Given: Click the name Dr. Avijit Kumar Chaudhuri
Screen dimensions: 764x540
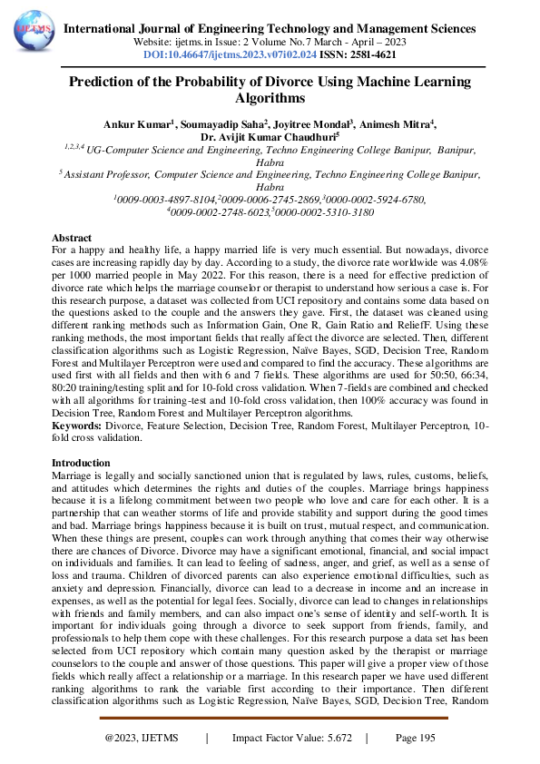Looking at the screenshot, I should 268,136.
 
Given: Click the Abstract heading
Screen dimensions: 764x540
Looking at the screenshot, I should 72,236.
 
